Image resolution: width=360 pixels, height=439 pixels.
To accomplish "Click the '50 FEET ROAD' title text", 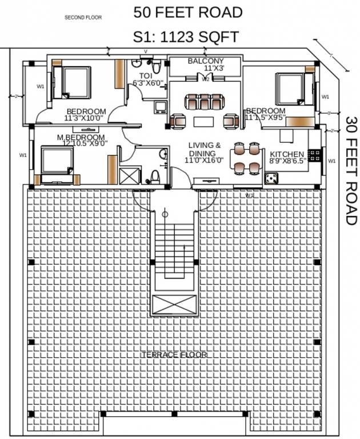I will point(188,12).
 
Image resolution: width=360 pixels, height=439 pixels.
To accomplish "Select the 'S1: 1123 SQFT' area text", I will point(186,37).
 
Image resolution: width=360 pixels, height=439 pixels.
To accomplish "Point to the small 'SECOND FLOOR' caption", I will point(83,18).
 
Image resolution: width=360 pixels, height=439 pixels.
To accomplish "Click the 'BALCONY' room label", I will point(206,61).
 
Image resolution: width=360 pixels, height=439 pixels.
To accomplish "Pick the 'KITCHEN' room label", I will point(287,154).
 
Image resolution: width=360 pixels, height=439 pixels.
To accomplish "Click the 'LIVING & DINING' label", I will point(205,149).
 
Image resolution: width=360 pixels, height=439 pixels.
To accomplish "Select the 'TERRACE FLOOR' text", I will point(174,355).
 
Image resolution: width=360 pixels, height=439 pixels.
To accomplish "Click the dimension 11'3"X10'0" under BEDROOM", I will point(86,118).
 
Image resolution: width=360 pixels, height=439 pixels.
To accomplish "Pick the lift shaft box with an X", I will point(174,305).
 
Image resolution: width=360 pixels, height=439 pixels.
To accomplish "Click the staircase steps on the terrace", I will point(174,252).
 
